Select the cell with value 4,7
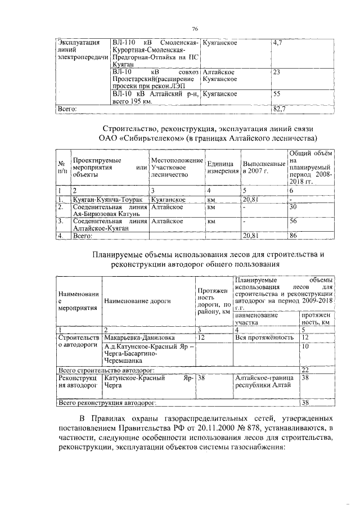pos(277,43)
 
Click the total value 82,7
pos(278,107)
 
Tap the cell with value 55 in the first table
pos(276,93)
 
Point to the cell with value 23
pos(276,73)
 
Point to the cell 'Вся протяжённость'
pos(264,337)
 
